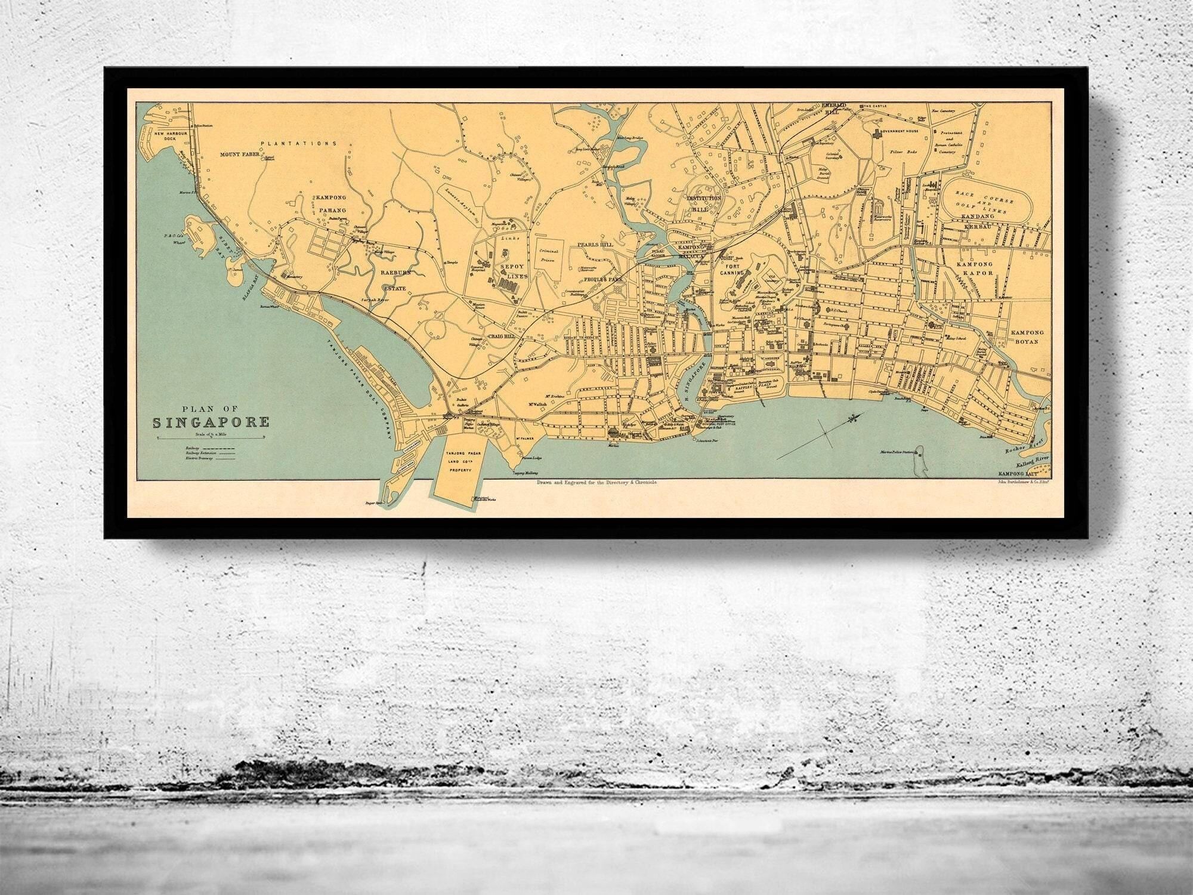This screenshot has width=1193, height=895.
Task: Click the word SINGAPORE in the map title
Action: point(211,422)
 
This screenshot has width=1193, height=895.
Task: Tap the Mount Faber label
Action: point(238,155)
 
